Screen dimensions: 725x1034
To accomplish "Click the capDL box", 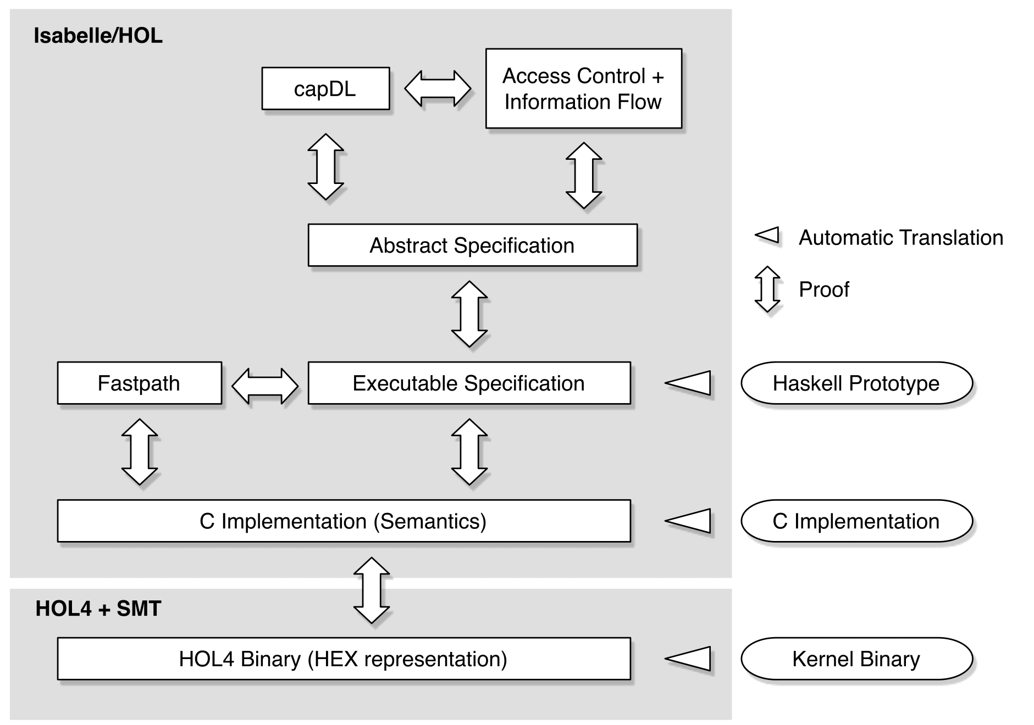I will tap(325, 88).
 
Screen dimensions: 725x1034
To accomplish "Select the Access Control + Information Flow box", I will tap(583, 88).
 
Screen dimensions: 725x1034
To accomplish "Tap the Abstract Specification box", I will tap(472, 245).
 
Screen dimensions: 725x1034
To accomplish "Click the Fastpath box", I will tap(139, 383).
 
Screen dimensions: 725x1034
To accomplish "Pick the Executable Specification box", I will tap(469, 383).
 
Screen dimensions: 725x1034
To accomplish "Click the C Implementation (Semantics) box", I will tap(344, 521).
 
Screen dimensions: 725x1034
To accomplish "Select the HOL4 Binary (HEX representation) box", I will tap(344, 659).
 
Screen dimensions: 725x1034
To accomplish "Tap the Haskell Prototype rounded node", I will tap(856, 383).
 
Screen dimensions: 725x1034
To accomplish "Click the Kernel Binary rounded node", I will tap(856, 659).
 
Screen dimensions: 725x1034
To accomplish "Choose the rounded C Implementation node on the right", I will tap(856, 521).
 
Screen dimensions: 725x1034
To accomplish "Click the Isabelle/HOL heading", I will tap(98, 36).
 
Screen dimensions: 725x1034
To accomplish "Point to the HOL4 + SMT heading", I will tap(98, 609).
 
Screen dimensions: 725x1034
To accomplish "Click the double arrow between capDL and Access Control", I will tap(438, 88).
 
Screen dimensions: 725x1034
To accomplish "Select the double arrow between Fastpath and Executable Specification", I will tap(265, 386).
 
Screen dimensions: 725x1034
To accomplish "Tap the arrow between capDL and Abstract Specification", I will tap(325, 166).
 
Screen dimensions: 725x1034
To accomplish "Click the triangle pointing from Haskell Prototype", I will tap(688, 383).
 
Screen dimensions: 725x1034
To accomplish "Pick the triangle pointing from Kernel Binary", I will tap(688, 659).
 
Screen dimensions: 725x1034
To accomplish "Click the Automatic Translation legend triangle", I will tap(768, 235).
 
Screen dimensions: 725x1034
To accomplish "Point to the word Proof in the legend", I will tap(823, 289).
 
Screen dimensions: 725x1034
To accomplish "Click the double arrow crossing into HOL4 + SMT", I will tap(372, 590).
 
